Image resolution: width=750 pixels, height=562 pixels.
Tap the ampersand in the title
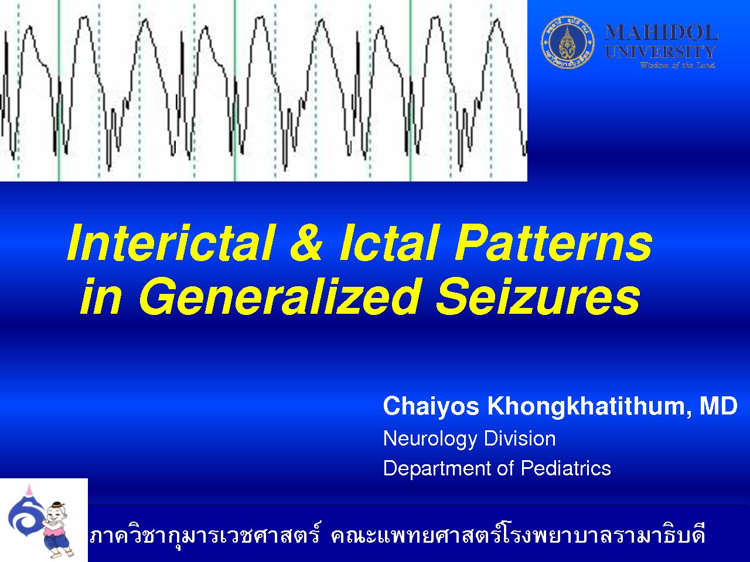coord(306,242)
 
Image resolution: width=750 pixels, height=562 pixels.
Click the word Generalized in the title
coord(279,296)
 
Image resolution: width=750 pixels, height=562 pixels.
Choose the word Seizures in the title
coord(538,296)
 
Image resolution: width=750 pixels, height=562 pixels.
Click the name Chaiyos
coord(431,407)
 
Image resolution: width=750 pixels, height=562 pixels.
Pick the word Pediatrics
coord(566,468)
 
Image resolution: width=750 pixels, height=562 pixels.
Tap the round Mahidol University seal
coord(568,43)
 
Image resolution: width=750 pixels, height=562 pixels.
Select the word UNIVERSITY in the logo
coord(660,52)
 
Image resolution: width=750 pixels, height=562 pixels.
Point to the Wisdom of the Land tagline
coord(677,65)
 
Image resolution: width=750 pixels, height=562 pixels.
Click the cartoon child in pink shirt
coord(56,528)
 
